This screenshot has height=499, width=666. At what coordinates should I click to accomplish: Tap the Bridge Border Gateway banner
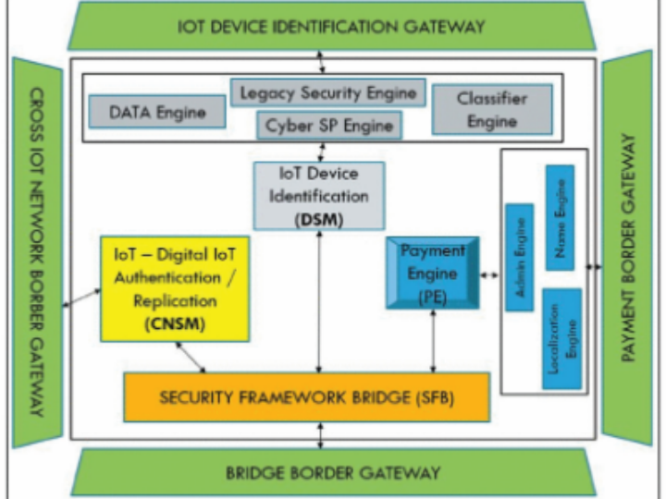(333, 473)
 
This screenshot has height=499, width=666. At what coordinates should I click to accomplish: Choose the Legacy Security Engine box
(327, 92)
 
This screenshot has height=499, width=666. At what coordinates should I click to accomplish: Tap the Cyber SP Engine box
(328, 124)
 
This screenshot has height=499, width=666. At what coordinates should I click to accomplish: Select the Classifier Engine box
(491, 109)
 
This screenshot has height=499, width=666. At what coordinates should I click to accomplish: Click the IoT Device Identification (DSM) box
(318, 195)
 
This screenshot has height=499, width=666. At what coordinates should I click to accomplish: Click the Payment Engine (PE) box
(432, 273)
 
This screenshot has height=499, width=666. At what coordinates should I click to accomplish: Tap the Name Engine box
(560, 216)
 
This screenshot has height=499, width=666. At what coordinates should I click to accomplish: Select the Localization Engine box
(561, 336)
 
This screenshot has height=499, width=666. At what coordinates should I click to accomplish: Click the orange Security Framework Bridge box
(306, 397)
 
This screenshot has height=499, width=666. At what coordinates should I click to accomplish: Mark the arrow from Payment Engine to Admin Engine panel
(490, 274)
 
